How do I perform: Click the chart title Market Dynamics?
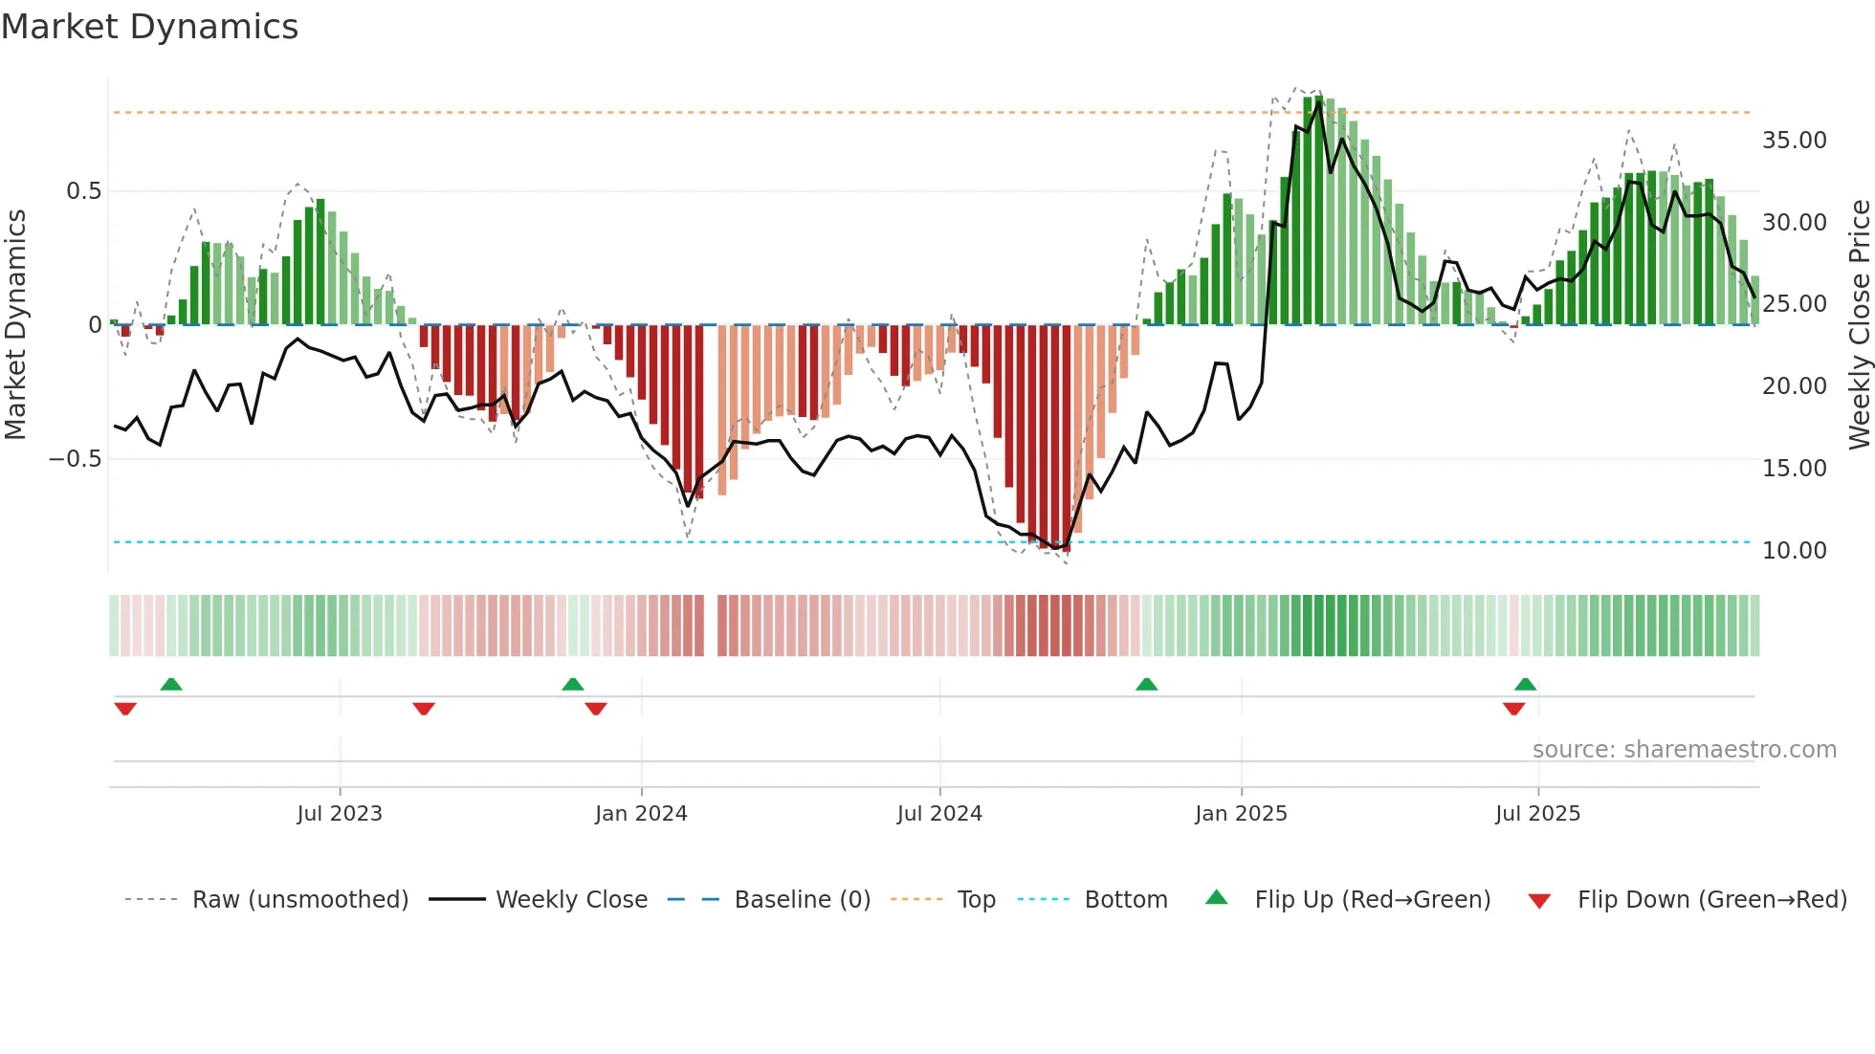pos(149,27)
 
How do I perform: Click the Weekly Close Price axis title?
pos(1859,324)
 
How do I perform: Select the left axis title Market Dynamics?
pos(15,324)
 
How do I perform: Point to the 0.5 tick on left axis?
pos(83,191)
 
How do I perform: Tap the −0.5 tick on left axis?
pos(75,459)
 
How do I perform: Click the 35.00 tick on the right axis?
pos(1794,141)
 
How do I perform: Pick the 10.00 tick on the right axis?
pos(1794,551)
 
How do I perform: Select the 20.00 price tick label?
pos(1794,386)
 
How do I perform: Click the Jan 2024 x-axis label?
pos(641,814)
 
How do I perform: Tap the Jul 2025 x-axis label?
pos(1537,814)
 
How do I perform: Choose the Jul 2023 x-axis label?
pos(340,814)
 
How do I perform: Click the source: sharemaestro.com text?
pos(1684,750)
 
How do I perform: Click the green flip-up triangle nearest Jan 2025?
pos(1146,684)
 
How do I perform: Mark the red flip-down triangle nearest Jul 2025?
pos(1513,709)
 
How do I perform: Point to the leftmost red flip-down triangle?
pos(125,709)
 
